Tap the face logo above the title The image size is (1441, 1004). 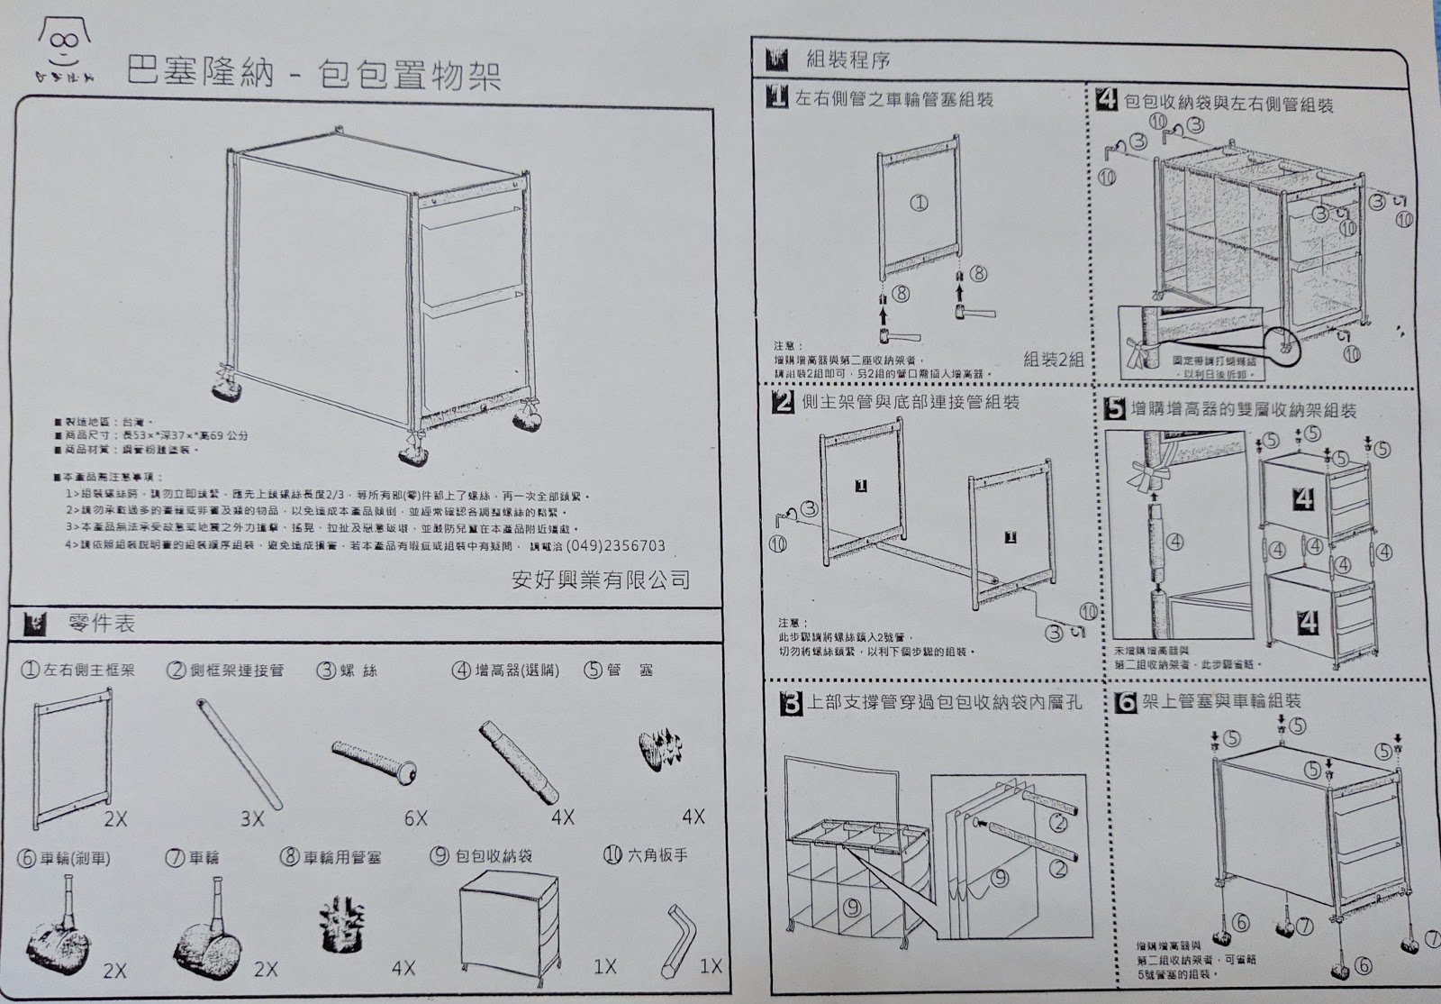(61, 44)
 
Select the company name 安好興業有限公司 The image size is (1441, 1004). (600, 579)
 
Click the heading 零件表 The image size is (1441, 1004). (101, 624)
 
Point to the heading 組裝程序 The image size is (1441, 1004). (848, 61)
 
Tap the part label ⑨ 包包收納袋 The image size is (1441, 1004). (482, 856)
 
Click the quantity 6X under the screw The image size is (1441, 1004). (415, 817)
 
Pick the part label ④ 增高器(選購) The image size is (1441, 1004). (505, 670)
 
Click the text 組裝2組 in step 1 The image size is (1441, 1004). (1053, 359)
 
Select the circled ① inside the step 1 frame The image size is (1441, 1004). (919, 204)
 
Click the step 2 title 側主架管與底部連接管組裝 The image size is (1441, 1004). (910, 402)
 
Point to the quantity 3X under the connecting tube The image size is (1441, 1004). (251, 818)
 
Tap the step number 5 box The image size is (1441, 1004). (1115, 410)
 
